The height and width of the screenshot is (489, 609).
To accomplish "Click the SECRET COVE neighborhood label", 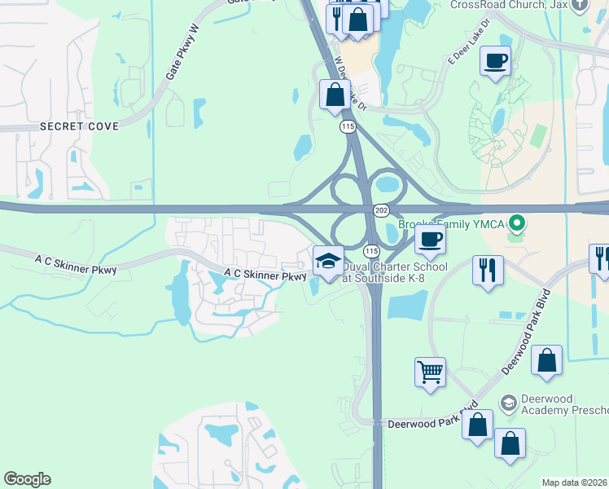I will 79,126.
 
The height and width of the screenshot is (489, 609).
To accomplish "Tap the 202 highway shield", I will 382,210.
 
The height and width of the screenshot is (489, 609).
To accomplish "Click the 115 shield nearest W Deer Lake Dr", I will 348,126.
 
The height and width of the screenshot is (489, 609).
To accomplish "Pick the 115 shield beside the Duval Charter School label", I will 371,250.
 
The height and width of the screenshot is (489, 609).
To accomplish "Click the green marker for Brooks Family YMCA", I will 515,222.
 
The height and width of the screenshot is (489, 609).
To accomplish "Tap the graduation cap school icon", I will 328,261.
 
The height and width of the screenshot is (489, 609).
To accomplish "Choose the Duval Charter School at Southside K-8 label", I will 394,272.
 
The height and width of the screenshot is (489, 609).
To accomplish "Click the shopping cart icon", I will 430,372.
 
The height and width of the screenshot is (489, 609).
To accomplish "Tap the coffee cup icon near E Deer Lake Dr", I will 495,60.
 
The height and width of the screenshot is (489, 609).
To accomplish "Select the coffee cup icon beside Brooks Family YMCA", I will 430,239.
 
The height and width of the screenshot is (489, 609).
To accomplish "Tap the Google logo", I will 27,479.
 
